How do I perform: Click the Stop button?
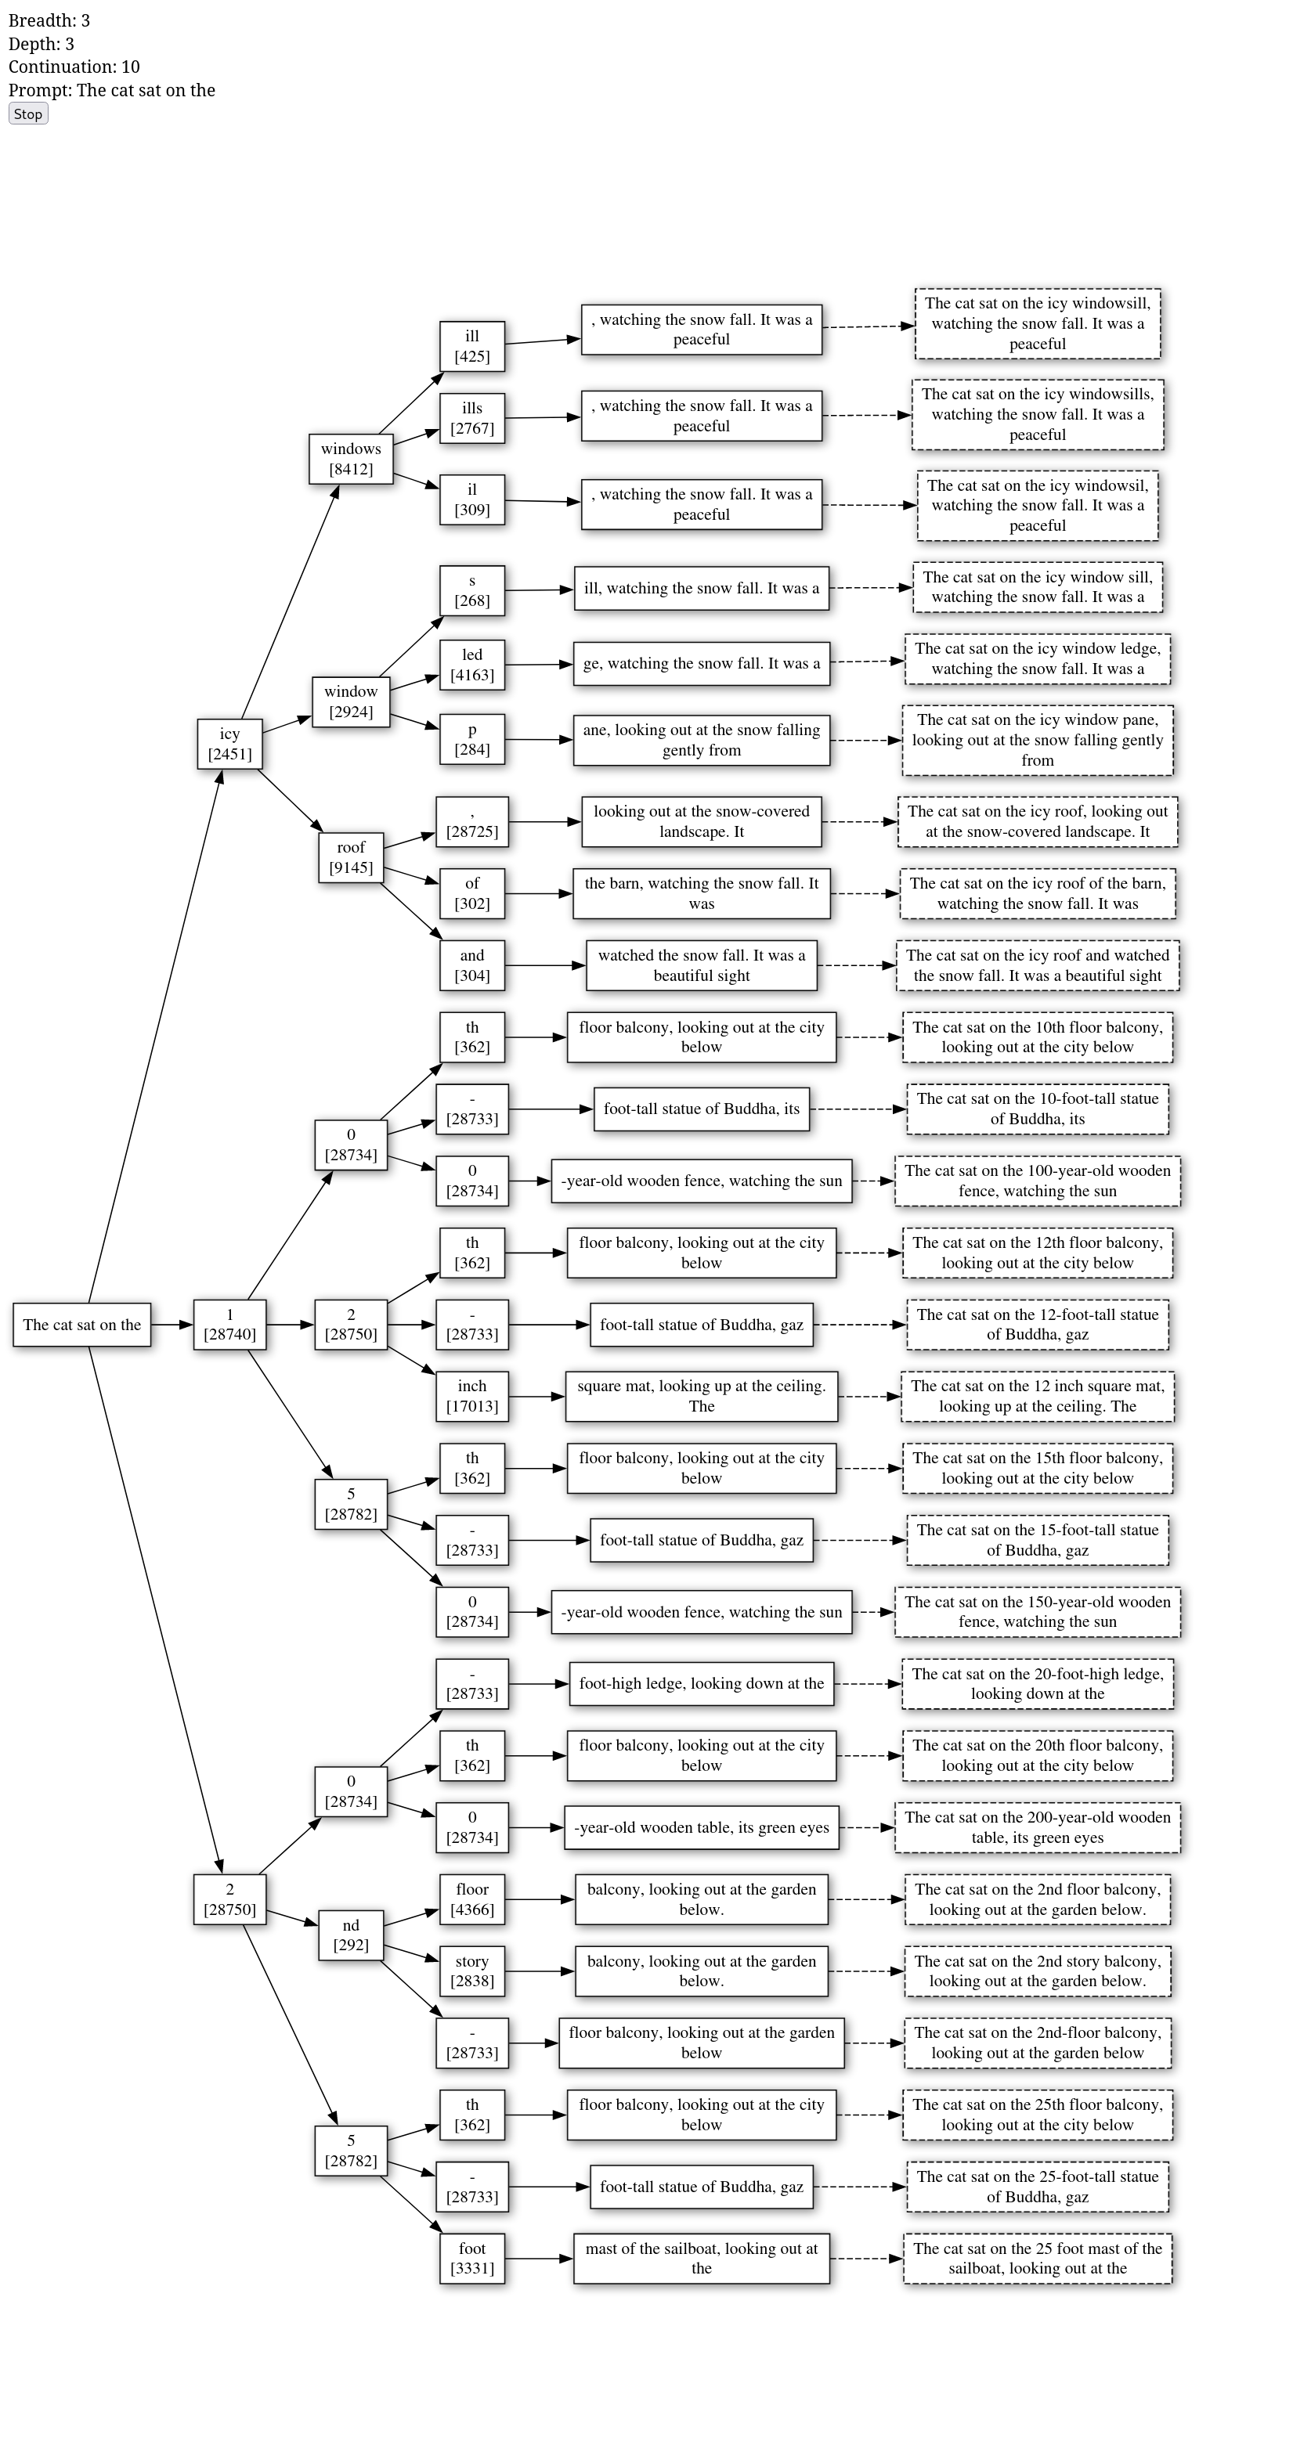pyautogui.click(x=27, y=114)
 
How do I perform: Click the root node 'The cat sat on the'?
pyautogui.click(x=82, y=1324)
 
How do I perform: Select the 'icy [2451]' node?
pyautogui.click(x=229, y=743)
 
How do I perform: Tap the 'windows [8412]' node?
pyautogui.click(x=351, y=459)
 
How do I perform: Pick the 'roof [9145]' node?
pyautogui.click(x=351, y=856)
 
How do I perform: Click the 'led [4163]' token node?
pyautogui.click(x=471, y=665)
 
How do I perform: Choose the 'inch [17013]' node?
pyautogui.click(x=471, y=1396)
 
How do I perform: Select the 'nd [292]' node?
pyautogui.click(x=351, y=1935)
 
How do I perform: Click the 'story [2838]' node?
pyautogui.click(x=471, y=1971)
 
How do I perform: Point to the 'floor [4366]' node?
pyautogui.click(x=471, y=1899)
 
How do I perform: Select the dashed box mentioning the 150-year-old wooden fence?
pyautogui.click(x=1038, y=1611)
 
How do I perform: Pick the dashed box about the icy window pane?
pyautogui.click(x=1038, y=740)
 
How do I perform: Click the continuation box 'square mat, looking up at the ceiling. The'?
pyautogui.click(x=701, y=1396)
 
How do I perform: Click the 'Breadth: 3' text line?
pyautogui.click(x=49, y=20)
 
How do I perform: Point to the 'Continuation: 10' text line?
pyautogui.click(x=74, y=67)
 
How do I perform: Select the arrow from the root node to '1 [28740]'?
pyautogui.click(x=172, y=1324)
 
